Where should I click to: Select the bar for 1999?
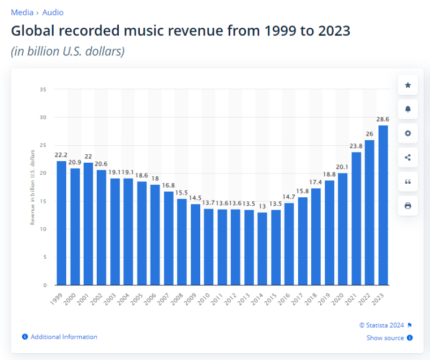[61, 223]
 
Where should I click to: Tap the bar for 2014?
[262, 249]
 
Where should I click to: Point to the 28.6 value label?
[383, 119]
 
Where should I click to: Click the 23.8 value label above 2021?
[356, 146]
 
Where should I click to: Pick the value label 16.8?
[169, 185]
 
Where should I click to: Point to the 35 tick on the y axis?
[43, 89]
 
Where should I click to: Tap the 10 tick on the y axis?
[43, 229]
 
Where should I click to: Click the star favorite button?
[407, 85]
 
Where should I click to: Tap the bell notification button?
[407, 109]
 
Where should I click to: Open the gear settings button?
[407, 133]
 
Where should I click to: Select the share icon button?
[407, 158]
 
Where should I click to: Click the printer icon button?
[407, 206]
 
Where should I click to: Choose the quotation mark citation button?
[407, 181]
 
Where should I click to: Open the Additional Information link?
[63, 337]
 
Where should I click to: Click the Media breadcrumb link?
[22, 12]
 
